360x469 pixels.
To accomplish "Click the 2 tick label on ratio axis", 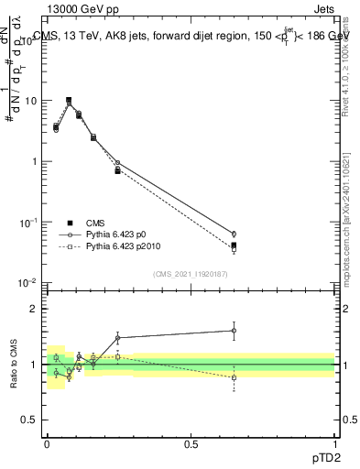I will point(37,309).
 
